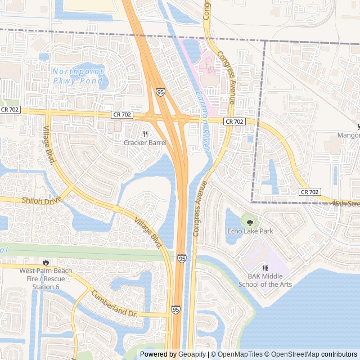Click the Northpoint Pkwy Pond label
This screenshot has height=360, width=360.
tap(78, 76)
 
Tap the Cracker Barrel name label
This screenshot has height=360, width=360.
tap(145, 143)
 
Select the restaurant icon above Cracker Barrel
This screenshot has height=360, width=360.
tap(145, 134)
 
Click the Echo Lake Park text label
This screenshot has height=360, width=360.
tap(250, 231)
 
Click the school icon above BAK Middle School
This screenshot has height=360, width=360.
tap(265, 268)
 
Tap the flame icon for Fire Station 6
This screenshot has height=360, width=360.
tap(46, 263)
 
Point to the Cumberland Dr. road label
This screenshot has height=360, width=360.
tap(114, 304)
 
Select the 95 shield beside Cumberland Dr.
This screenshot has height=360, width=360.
tap(176, 309)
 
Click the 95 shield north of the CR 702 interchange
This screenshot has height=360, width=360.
tap(161, 91)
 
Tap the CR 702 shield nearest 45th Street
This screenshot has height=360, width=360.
tap(309, 192)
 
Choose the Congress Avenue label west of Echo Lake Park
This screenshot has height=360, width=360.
tap(200, 208)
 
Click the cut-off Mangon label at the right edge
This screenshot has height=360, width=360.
tap(348, 135)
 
